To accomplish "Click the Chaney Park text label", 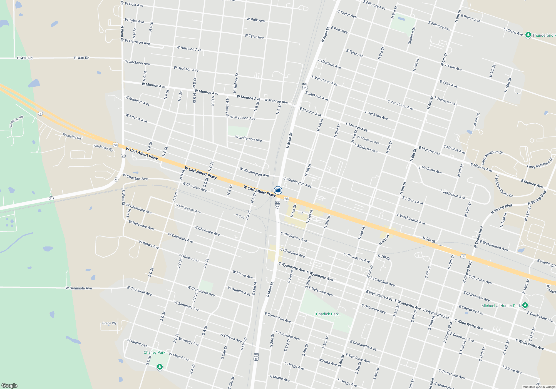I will [154, 352].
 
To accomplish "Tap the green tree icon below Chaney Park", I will [160, 367].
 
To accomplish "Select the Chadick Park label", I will [327, 314].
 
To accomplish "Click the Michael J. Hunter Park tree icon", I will [525, 305].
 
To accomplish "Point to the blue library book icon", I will [278, 190].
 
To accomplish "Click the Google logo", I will [9, 385].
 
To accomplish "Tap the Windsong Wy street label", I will [103, 148].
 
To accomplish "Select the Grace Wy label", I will [109, 323].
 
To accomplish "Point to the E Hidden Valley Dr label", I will [504, 186].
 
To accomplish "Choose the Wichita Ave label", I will [327, 362].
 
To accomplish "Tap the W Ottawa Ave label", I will [231, 338].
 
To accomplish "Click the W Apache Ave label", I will [239, 291].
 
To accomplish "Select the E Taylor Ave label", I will [347, 14].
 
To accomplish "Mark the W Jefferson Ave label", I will [248, 139].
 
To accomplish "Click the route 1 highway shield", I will [41, 114].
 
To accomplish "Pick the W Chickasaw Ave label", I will [188, 208].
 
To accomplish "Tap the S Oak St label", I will [224, 352].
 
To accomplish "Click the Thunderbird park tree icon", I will [528, 36].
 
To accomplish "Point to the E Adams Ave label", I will [413, 200].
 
